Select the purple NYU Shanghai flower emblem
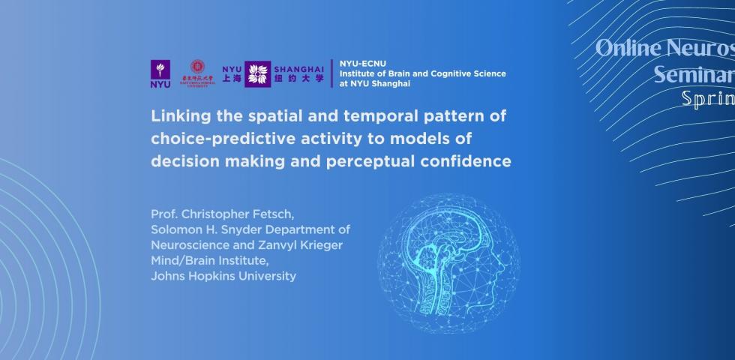(258, 73)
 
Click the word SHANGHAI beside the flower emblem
(298, 64)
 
